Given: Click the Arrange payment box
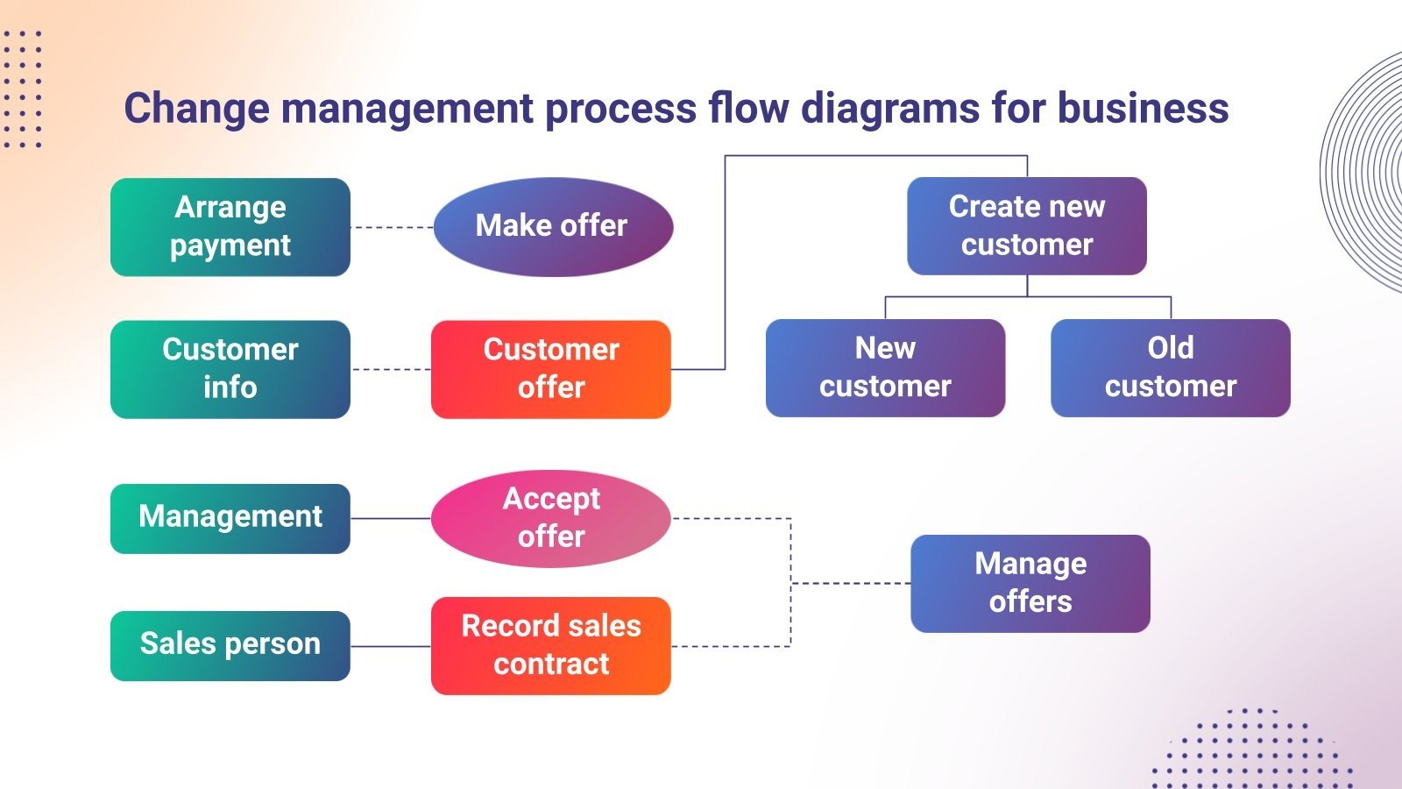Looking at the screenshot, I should point(230,227).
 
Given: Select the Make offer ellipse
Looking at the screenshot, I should point(552,227).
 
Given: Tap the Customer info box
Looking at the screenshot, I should point(230,369).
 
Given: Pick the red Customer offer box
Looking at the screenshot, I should point(550,369).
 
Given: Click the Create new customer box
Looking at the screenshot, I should point(1026,226).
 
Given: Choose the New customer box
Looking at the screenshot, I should point(885,367).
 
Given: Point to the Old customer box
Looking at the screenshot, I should point(1170,367).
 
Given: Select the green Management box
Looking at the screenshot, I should point(230,518).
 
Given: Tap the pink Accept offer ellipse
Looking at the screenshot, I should point(550,518).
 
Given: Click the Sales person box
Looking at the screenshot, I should point(230,645).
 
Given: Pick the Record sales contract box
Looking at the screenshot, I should point(550,645).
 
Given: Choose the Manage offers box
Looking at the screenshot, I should point(1030,583).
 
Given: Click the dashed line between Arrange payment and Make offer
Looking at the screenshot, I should point(392,227).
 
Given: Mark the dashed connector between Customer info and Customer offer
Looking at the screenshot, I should point(391,369).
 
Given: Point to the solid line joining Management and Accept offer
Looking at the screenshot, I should point(391,518).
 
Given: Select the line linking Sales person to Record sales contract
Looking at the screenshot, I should point(391,646).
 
